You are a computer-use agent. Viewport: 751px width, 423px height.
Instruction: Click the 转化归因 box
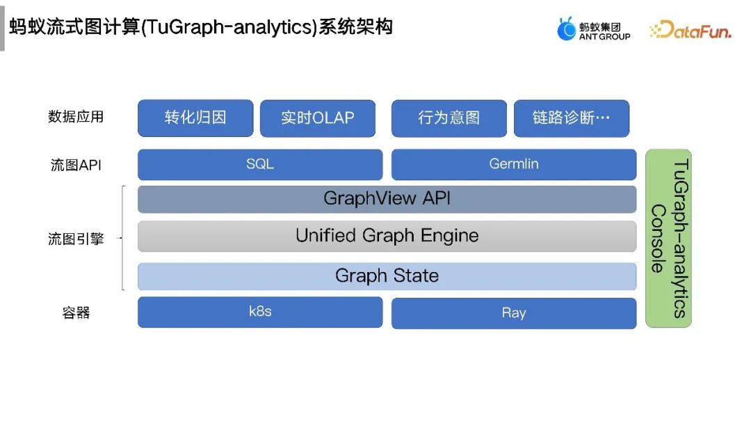coord(195,118)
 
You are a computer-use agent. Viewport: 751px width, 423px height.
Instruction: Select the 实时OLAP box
coord(318,118)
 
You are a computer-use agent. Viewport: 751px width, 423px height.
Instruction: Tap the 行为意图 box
coord(449,118)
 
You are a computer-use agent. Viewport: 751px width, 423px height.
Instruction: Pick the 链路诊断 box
coord(571,118)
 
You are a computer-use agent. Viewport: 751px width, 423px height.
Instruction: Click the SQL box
coord(260,165)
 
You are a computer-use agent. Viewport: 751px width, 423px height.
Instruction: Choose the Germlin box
coord(514,165)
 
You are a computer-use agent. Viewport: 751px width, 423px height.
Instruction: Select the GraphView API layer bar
coord(387,199)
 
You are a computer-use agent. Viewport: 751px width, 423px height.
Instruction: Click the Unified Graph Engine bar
coord(387,236)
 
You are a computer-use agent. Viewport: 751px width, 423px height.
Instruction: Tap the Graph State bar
coord(387,276)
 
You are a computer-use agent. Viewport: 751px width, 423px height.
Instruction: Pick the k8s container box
coord(260,312)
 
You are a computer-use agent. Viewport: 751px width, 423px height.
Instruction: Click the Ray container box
coord(514,313)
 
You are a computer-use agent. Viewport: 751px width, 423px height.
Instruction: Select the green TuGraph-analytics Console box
coord(668,238)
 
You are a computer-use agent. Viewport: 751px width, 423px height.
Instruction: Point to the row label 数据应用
coord(76,117)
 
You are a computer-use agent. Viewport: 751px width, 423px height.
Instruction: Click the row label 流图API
coord(76,166)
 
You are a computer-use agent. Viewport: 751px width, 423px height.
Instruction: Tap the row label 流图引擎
coord(76,239)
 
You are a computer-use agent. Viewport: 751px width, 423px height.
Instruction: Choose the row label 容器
coord(76,313)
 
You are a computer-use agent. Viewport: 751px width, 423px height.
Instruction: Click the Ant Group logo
coord(593,29)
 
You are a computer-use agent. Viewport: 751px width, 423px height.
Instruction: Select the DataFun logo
coord(690,30)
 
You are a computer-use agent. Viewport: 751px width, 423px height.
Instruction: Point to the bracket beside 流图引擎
coord(123,238)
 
